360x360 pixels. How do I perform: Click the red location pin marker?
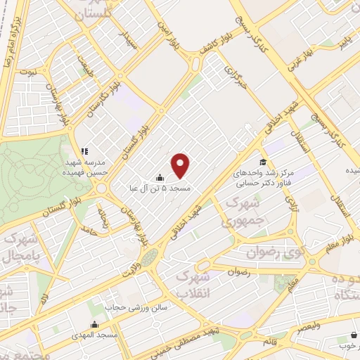pos(181,166)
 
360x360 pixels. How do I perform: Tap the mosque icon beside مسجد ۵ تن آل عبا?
pos(161,178)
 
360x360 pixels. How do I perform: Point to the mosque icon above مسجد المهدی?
pos(95,324)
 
